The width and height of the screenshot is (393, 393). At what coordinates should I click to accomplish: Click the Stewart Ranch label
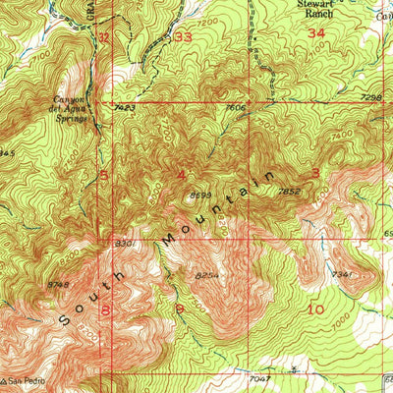[x=300, y=9]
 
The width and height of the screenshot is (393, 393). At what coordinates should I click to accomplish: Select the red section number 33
[x=183, y=36]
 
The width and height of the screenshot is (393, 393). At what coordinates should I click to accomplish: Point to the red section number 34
[x=315, y=33]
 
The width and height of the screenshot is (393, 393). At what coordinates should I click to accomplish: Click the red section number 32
[x=103, y=36]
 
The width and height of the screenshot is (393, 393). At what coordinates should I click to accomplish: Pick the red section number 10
[x=315, y=309]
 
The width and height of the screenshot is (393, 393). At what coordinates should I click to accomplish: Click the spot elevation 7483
[x=124, y=107]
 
